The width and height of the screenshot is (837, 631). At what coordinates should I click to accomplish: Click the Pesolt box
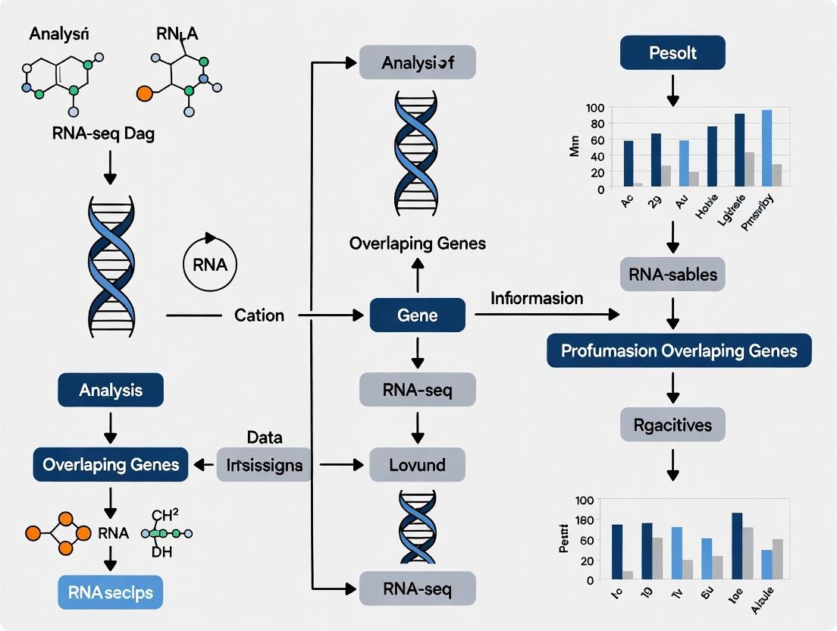click(672, 53)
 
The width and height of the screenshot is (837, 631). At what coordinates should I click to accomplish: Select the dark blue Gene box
click(417, 315)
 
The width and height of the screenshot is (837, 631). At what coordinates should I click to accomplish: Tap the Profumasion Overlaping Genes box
click(679, 351)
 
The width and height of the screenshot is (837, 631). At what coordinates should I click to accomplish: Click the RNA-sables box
click(672, 274)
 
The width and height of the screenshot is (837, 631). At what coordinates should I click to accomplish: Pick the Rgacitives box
click(672, 425)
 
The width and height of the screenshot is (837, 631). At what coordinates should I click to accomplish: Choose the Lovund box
click(417, 464)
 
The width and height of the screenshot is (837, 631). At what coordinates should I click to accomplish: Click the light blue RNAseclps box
click(111, 592)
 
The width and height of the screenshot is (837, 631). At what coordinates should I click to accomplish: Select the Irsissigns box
click(265, 465)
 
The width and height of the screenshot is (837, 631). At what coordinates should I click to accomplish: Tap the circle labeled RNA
click(210, 265)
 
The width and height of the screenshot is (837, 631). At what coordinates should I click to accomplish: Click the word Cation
click(259, 315)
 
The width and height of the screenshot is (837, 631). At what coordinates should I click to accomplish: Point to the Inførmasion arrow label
click(537, 298)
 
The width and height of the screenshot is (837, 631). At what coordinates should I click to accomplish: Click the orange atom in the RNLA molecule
click(144, 95)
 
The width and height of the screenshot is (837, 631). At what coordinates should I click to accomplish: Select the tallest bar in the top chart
click(766, 148)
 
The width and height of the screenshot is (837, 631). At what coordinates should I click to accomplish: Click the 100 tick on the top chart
click(596, 108)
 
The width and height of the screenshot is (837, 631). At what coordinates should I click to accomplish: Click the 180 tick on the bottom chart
click(585, 521)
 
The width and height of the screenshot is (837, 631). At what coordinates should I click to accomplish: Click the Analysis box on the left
click(111, 390)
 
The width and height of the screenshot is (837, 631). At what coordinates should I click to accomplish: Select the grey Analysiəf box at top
click(417, 63)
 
